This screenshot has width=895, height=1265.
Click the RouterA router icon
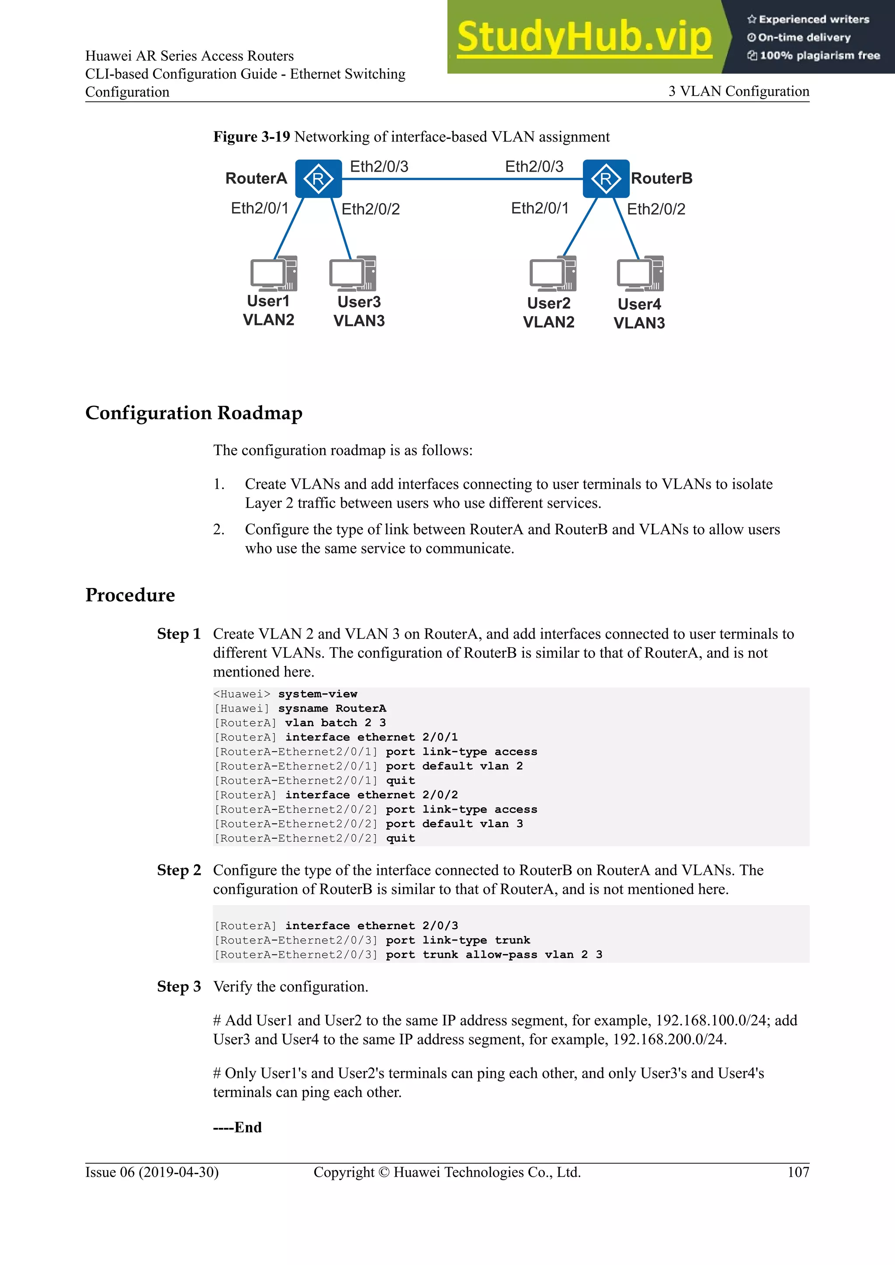pyautogui.click(x=318, y=179)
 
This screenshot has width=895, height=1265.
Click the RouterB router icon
pyautogui.click(x=606, y=179)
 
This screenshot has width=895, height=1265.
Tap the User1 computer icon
pyautogui.click(x=273, y=274)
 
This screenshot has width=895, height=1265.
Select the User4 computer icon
pyautogui.click(x=640, y=274)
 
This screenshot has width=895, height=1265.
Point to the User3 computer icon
pyautogui.click(x=352, y=274)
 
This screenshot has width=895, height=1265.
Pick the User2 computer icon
pyautogui.click(x=552, y=274)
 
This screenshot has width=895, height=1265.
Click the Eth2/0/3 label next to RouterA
pyautogui.click(x=379, y=166)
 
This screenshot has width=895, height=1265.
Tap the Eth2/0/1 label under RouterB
pyautogui.click(x=540, y=208)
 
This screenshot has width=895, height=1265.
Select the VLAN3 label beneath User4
pyautogui.click(x=639, y=323)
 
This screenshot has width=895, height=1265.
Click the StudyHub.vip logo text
pyautogui.click(x=584, y=37)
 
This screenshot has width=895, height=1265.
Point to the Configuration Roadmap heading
pyautogui.click(x=194, y=413)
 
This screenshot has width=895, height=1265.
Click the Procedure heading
pyautogui.click(x=130, y=595)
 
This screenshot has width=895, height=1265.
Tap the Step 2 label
pyautogui.click(x=179, y=870)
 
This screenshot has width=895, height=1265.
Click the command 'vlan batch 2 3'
pyautogui.click(x=335, y=722)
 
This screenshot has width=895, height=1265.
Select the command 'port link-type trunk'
pyautogui.click(x=458, y=940)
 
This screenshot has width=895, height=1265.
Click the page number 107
pyautogui.click(x=798, y=1172)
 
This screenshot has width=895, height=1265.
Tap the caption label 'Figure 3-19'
pyautogui.click(x=251, y=137)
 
